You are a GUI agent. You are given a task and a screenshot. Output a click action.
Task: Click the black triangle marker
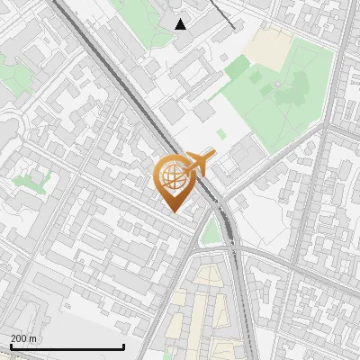point(181,24)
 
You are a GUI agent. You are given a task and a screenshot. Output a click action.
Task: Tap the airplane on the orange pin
point(197,164)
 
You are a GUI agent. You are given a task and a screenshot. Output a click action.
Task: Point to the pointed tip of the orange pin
point(174,211)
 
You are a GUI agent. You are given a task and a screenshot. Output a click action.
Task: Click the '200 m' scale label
point(23,338)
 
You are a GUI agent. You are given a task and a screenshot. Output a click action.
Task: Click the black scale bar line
point(67,347)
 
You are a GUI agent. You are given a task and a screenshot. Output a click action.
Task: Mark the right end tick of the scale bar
point(123,346)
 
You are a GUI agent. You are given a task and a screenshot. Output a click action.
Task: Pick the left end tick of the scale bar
point(10,346)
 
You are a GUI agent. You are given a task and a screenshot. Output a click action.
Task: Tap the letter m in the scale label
point(33,338)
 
